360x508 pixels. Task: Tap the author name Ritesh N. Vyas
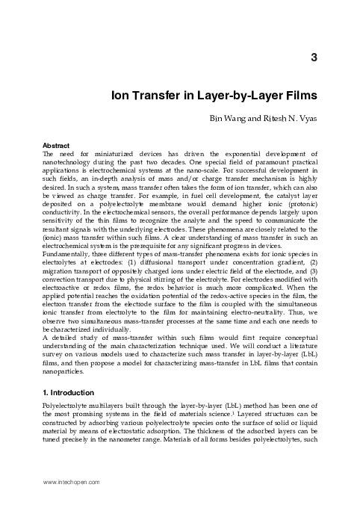click(293, 118)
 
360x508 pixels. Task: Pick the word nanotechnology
click(74, 162)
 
